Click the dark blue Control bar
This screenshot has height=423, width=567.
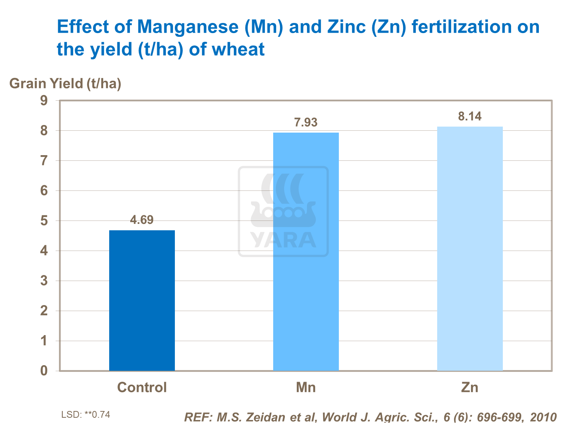[x=142, y=301]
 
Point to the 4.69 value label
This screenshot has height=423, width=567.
[x=142, y=220]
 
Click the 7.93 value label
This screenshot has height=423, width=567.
[x=306, y=122]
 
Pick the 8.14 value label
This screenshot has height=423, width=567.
[x=470, y=116]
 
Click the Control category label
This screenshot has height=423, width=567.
[x=142, y=387]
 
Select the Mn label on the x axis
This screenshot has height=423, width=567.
[x=306, y=387]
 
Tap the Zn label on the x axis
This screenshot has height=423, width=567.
[x=470, y=387]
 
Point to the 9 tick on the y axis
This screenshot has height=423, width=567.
[x=44, y=101]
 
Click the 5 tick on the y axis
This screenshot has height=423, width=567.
[x=44, y=221]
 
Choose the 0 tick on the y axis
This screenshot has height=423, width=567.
[x=44, y=371]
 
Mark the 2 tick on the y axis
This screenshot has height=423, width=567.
[x=44, y=311]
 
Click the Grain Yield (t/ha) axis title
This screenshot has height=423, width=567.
[x=65, y=83]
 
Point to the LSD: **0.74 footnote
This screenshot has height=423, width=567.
[x=86, y=415]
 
